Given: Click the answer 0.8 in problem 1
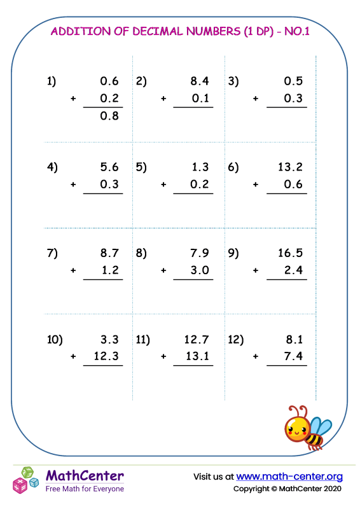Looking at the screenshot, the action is click(109, 116).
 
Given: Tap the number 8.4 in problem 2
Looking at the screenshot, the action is click(200, 81).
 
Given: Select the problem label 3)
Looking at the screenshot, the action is click(233, 81).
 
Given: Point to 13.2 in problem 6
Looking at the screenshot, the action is click(290, 167).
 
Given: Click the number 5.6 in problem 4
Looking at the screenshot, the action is click(109, 167).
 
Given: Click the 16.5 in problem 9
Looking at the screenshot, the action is click(290, 253).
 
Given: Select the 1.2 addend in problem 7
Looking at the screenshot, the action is click(109, 270).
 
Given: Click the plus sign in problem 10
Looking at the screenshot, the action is click(73, 357).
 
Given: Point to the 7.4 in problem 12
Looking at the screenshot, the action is click(293, 357).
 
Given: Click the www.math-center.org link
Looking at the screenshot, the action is click(289, 476).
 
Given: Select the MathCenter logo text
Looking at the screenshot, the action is click(85, 476).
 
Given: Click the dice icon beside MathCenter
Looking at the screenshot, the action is click(26, 480).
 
